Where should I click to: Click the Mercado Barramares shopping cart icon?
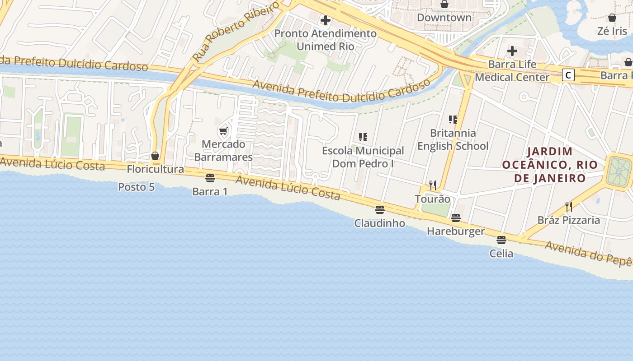pos(223,131)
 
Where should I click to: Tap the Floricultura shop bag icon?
pos(155,156)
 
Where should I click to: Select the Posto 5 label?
pos(136,187)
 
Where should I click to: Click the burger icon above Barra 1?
pos(210,178)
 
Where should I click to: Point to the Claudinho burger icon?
pos(379,209)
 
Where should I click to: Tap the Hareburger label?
pos(456,231)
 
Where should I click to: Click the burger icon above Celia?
pos(501,240)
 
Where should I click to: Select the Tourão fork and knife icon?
pos(433,185)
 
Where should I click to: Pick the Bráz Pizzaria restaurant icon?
pos(569,207)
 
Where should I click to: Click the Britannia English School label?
pos(453,139)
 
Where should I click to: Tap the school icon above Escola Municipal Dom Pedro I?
pos(363,137)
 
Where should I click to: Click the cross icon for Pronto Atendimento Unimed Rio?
pos(325,20)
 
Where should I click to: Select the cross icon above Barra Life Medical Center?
pos(512,51)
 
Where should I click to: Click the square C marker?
pos(568,75)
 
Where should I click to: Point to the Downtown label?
pos(444,18)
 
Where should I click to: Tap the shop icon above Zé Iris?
pos(612,18)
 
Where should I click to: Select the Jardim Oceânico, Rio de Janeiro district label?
pos(550,165)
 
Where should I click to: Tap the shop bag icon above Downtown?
pos(444,4)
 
